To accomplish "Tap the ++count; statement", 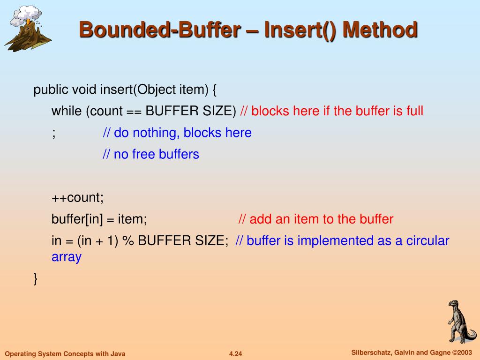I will click(77, 197).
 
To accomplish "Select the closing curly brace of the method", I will click(36, 278).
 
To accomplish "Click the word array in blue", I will click(66, 257).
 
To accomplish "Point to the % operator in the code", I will click(127, 241).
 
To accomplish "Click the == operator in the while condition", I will click(134, 112).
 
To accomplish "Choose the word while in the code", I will click(67, 111).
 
